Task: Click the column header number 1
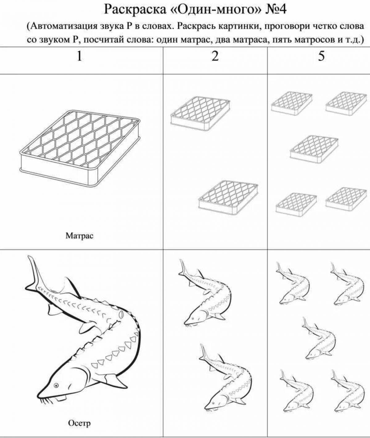[x=79, y=56]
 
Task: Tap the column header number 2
[x=215, y=56]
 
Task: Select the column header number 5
[x=321, y=56]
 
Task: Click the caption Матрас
[x=79, y=236]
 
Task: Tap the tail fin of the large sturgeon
[x=34, y=273]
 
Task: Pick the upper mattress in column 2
[x=200, y=113]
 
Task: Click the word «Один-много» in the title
[x=215, y=10]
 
